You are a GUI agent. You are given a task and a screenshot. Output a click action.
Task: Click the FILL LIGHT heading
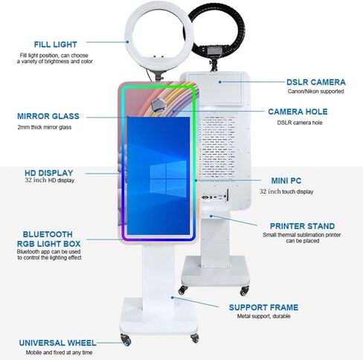[x=56, y=45]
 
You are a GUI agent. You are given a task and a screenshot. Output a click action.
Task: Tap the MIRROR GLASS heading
[x=48, y=116]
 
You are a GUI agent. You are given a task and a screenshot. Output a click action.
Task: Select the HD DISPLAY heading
[x=49, y=173]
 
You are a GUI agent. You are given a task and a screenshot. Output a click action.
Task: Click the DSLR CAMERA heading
[x=316, y=82]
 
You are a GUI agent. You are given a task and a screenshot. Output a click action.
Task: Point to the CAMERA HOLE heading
[x=298, y=112]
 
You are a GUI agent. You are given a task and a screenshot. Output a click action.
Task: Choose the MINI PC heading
[x=286, y=181]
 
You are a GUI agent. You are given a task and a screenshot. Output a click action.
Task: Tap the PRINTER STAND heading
[x=302, y=226]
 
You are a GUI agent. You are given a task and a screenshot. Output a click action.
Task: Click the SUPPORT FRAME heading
[x=263, y=307]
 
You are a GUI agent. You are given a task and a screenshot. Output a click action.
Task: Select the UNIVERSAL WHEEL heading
[x=57, y=343]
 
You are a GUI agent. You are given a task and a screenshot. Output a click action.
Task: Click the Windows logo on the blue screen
[x=168, y=179]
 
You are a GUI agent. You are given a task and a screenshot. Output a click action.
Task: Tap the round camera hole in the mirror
[x=158, y=105]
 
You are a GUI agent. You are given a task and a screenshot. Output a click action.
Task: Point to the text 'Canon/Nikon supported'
[x=315, y=91]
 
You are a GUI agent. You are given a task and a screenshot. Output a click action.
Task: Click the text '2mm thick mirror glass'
[x=45, y=127]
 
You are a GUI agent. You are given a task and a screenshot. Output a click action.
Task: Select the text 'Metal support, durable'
[x=263, y=316]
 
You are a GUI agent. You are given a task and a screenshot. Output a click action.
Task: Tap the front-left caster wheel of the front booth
[x=126, y=340]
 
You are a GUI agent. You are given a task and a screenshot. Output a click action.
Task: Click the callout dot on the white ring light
[x=127, y=42]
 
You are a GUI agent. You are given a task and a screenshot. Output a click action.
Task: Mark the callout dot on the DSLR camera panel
[x=220, y=82]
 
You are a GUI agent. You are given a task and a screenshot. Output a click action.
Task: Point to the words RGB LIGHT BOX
[x=49, y=244]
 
